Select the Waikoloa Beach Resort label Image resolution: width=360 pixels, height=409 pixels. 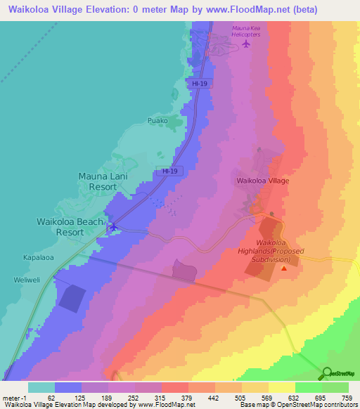coord(70,226)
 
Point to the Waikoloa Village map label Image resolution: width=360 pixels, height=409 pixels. coord(262,181)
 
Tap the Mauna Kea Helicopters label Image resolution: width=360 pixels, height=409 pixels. coord(246,31)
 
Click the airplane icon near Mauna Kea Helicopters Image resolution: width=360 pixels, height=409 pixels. coord(245,44)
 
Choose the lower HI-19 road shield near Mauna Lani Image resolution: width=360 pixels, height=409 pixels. coord(169,171)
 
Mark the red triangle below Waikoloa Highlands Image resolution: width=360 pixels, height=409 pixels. coord(284,267)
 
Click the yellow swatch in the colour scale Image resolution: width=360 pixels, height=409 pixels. coord(281,387)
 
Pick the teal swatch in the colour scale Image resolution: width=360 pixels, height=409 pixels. coord(41,387)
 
